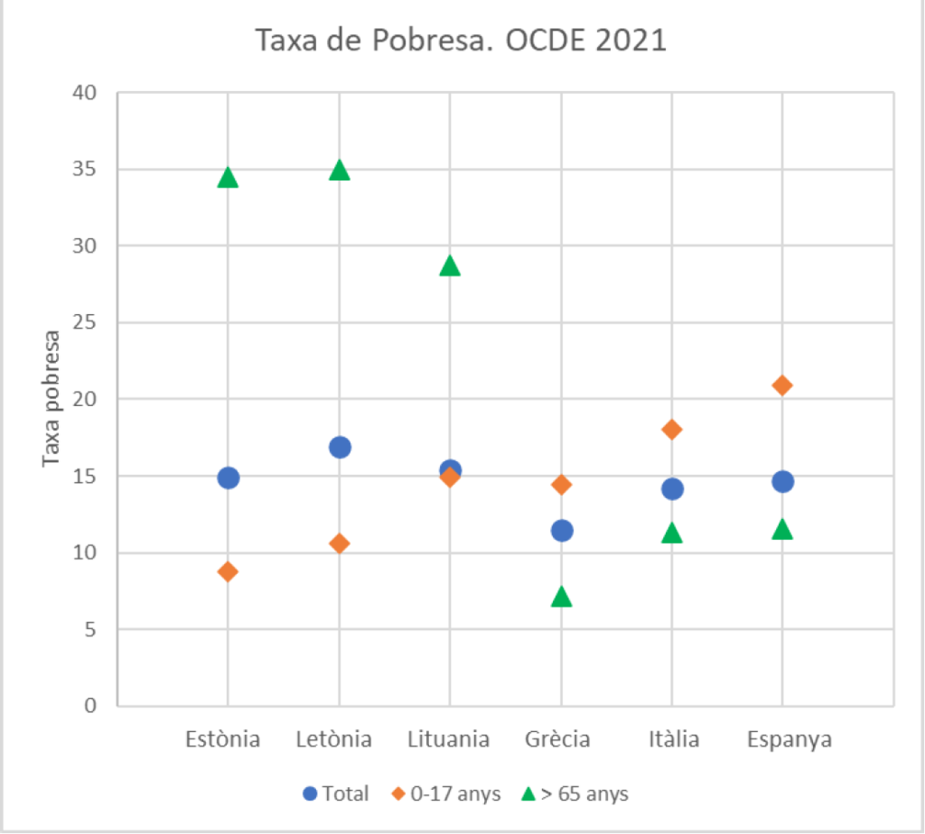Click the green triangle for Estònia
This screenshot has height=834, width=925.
pos(228,178)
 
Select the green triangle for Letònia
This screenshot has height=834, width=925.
pos(340,171)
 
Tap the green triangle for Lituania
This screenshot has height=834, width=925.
pos(450,266)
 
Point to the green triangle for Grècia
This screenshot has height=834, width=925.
pos(562,597)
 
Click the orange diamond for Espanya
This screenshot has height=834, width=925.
pos(782,385)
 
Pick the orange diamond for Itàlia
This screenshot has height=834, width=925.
pos(672,430)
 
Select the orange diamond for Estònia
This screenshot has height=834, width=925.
pos(228,571)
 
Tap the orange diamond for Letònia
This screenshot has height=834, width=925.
pos(340,543)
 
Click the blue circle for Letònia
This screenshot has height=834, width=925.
pos(340,447)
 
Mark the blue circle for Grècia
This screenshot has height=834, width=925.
pos(562,530)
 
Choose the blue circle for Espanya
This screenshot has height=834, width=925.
pos(782,481)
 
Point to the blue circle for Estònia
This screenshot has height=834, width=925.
pos(228,477)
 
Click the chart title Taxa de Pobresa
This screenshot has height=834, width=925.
pos(462,41)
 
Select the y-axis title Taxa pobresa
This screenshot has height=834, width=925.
pos(51,398)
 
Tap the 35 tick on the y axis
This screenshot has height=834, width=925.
pos(89,170)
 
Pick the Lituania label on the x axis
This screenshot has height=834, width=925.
pos(449,740)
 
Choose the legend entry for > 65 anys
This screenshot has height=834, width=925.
pos(575,794)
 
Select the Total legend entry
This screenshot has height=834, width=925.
pos(336,794)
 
